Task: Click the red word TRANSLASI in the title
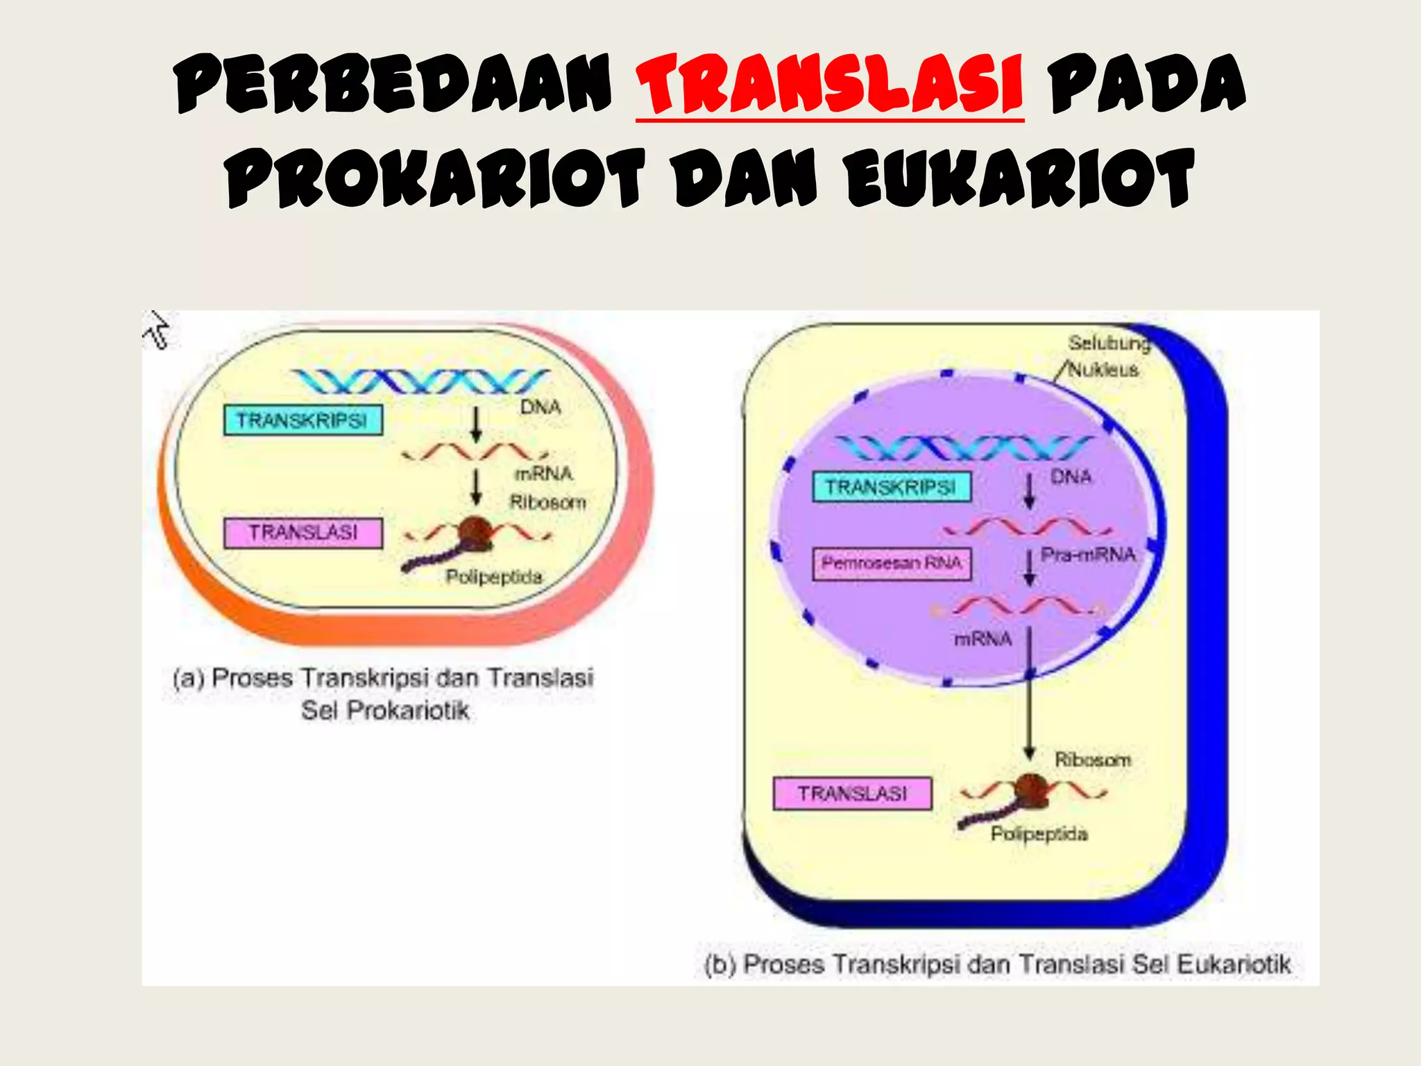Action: (x=829, y=85)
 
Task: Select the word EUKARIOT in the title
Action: (x=1019, y=178)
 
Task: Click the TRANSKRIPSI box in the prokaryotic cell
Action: (x=303, y=421)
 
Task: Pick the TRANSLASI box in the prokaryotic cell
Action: (x=303, y=533)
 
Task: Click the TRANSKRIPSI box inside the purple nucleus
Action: (x=892, y=487)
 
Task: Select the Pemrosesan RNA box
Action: (x=892, y=564)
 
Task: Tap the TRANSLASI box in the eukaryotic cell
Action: (x=852, y=793)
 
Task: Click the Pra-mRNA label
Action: (x=1088, y=555)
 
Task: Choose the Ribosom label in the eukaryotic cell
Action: (x=1093, y=760)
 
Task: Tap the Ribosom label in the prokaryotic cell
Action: (x=548, y=502)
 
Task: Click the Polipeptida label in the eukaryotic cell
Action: (x=1039, y=834)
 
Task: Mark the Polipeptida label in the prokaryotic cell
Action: (x=494, y=577)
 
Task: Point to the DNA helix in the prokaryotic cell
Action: (x=420, y=381)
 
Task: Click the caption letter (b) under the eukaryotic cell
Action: (x=720, y=965)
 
